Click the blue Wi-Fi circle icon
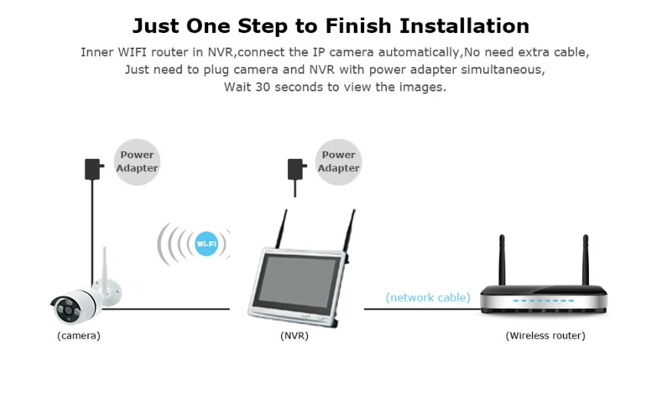click(x=207, y=243)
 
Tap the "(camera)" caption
click(x=79, y=336)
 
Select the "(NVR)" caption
click(x=294, y=336)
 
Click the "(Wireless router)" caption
click(x=545, y=336)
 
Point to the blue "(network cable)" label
click(x=428, y=298)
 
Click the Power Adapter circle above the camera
click(x=137, y=162)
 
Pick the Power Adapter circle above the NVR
click(x=339, y=162)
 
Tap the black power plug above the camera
click(x=94, y=169)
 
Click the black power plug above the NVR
click(x=296, y=169)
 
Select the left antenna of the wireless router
click(x=502, y=260)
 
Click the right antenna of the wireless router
click(x=585, y=260)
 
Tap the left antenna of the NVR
click(x=282, y=229)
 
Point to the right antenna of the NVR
click(x=349, y=231)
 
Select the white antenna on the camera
click(x=105, y=267)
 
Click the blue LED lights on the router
click(x=544, y=300)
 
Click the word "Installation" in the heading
click(x=465, y=26)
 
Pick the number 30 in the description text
click(x=263, y=87)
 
